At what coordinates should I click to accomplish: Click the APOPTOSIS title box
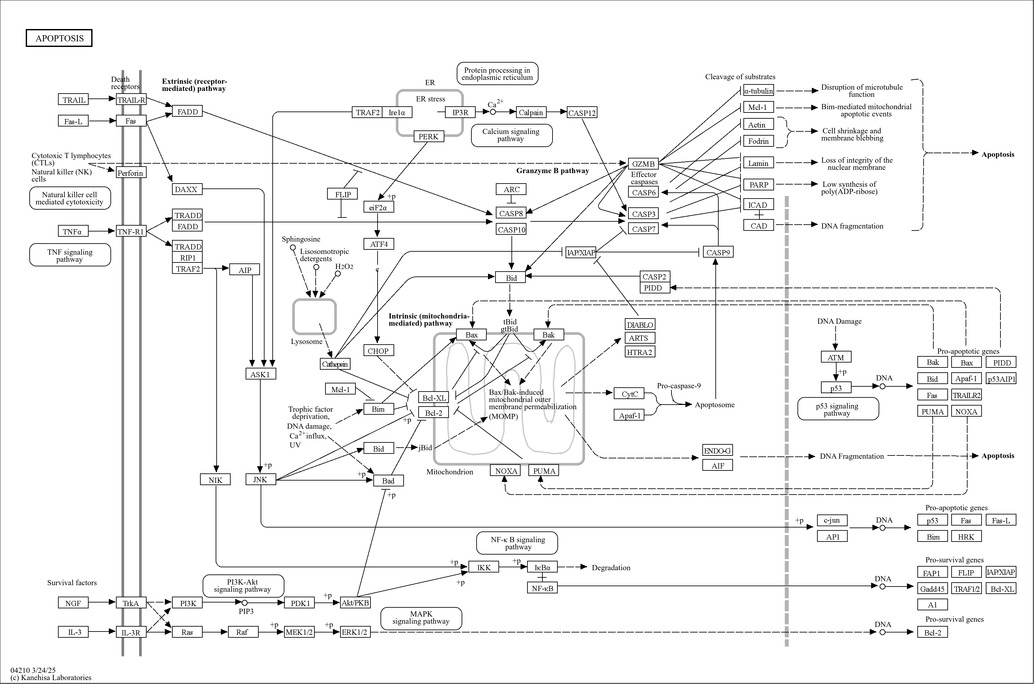pos(59,38)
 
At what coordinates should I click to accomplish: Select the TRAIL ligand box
pos(73,99)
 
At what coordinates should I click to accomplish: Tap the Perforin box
pos(130,173)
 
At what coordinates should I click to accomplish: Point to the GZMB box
pos(643,164)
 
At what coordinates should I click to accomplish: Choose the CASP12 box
pos(582,112)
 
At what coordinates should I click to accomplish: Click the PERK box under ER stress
pos(428,137)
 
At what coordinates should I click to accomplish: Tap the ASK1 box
pos(260,374)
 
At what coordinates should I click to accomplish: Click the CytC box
pos(629,394)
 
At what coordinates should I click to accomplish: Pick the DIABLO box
pos(639,324)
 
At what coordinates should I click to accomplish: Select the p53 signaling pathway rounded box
pos(838,409)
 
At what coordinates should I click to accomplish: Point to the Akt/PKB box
pos(355,603)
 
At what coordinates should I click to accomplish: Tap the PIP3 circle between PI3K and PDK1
pos(245,603)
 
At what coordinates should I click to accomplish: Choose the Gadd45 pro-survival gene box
pos(932,589)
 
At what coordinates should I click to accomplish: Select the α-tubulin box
pos(758,91)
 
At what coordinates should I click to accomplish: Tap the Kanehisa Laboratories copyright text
pos(51,677)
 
